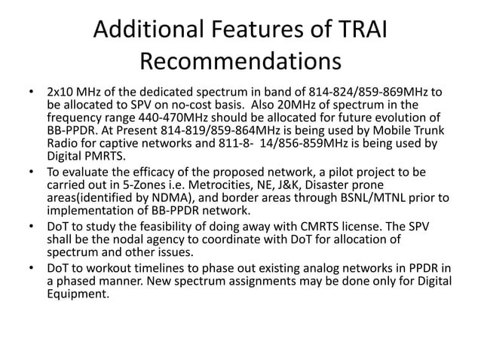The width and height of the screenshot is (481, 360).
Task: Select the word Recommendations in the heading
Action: pos(240,63)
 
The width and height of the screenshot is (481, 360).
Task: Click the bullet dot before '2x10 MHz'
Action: pos(31,93)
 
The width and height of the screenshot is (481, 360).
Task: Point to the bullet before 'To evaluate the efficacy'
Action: pos(31,173)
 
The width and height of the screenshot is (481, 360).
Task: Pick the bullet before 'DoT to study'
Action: pos(31,227)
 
